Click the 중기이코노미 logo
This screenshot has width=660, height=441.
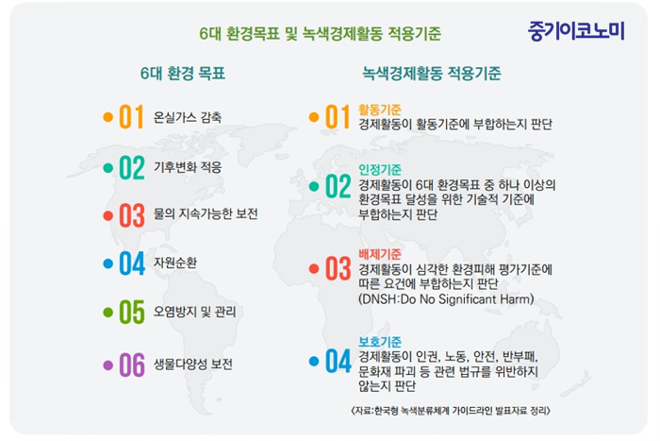point(576,31)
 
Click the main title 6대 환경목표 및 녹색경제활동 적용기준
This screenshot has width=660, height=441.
point(320,34)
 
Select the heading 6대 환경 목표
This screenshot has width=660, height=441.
point(183,74)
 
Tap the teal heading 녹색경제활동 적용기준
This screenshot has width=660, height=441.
point(432,74)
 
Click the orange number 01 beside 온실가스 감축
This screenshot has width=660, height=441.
point(132,117)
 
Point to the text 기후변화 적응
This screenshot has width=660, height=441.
point(188,167)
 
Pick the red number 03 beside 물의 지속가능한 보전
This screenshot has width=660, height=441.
point(132,215)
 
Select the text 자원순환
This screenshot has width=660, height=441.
point(175,263)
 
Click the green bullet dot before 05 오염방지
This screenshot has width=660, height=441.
point(108,313)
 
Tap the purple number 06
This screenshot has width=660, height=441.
point(132,365)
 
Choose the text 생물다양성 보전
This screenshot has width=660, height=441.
point(192,364)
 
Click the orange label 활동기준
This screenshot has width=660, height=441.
point(380,110)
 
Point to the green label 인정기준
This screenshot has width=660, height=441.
point(380,169)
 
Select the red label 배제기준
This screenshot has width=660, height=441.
point(380,254)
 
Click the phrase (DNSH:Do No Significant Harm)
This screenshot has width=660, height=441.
point(446,299)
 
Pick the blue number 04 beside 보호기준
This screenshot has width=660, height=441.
point(338,362)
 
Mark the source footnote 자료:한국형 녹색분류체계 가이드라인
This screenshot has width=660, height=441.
point(451,410)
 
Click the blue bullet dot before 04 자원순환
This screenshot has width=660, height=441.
point(108,263)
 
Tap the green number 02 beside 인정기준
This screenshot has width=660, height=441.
point(338,186)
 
